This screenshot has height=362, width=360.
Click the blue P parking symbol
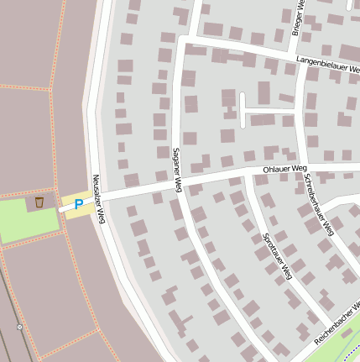click(x=79, y=203)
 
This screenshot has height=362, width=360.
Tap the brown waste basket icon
click(x=39, y=202)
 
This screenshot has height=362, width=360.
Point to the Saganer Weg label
click(x=177, y=170)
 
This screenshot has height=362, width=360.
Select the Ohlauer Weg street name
click(x=285, y=169)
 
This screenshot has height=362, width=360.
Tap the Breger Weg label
click(x=296, y=17)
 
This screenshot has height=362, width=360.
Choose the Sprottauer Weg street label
click(x=277, y=256)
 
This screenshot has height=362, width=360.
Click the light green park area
click(x=21, y=220)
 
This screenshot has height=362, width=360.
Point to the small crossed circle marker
click(x=19, y=327)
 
